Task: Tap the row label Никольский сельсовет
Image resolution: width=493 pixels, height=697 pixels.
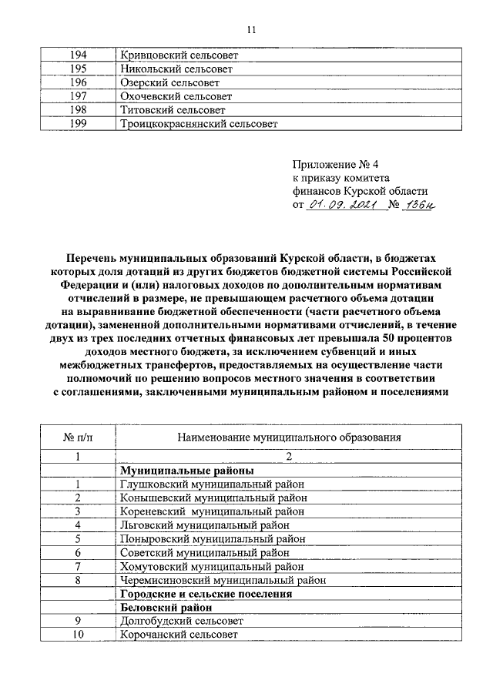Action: (x=176, y=69)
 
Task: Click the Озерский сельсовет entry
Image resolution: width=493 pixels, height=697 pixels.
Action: (x=170, y=83)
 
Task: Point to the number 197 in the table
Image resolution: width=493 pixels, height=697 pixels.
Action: (x=77, y=96)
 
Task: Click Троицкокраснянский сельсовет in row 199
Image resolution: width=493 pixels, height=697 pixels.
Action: (x=199, y=123)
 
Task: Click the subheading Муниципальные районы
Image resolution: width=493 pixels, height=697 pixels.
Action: (x=187, y=471)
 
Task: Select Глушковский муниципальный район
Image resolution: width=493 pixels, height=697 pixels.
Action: (x=213, y=484)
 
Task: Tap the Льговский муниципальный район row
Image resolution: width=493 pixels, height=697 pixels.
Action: (x=206, y=525)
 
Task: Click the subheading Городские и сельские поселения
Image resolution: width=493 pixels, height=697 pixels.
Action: (x=206, y=594)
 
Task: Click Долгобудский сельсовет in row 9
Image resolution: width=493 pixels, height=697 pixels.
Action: (x=182, y=621)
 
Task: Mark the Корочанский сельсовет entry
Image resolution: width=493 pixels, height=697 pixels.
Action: (x=179, y=635)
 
